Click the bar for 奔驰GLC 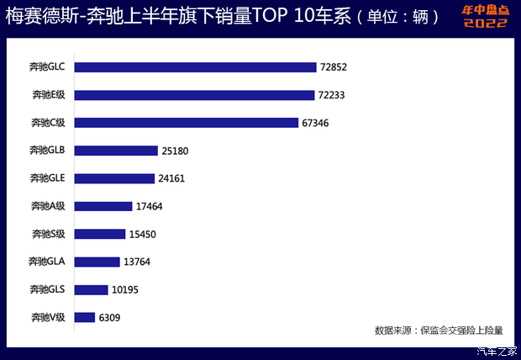point(195,67)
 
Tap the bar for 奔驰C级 point(187,123)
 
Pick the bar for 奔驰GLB point(116,151)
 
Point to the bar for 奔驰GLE point(114,178)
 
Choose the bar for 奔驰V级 point(85,317)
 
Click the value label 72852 point(334,67)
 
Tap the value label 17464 point(149,206)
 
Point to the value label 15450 point(143,234)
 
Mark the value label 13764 point(136,262)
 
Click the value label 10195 point(126,289)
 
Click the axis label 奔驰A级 point(48,206)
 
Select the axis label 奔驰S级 point(48,234)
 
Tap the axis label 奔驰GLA point(46,262)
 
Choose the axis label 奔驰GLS point(46,289)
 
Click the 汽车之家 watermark point(497,351)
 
